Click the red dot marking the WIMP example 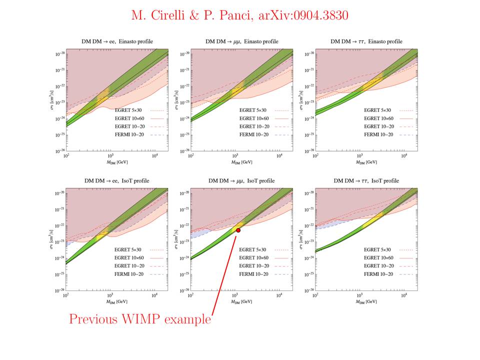[238, 230]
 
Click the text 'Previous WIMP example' [139, 319]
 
